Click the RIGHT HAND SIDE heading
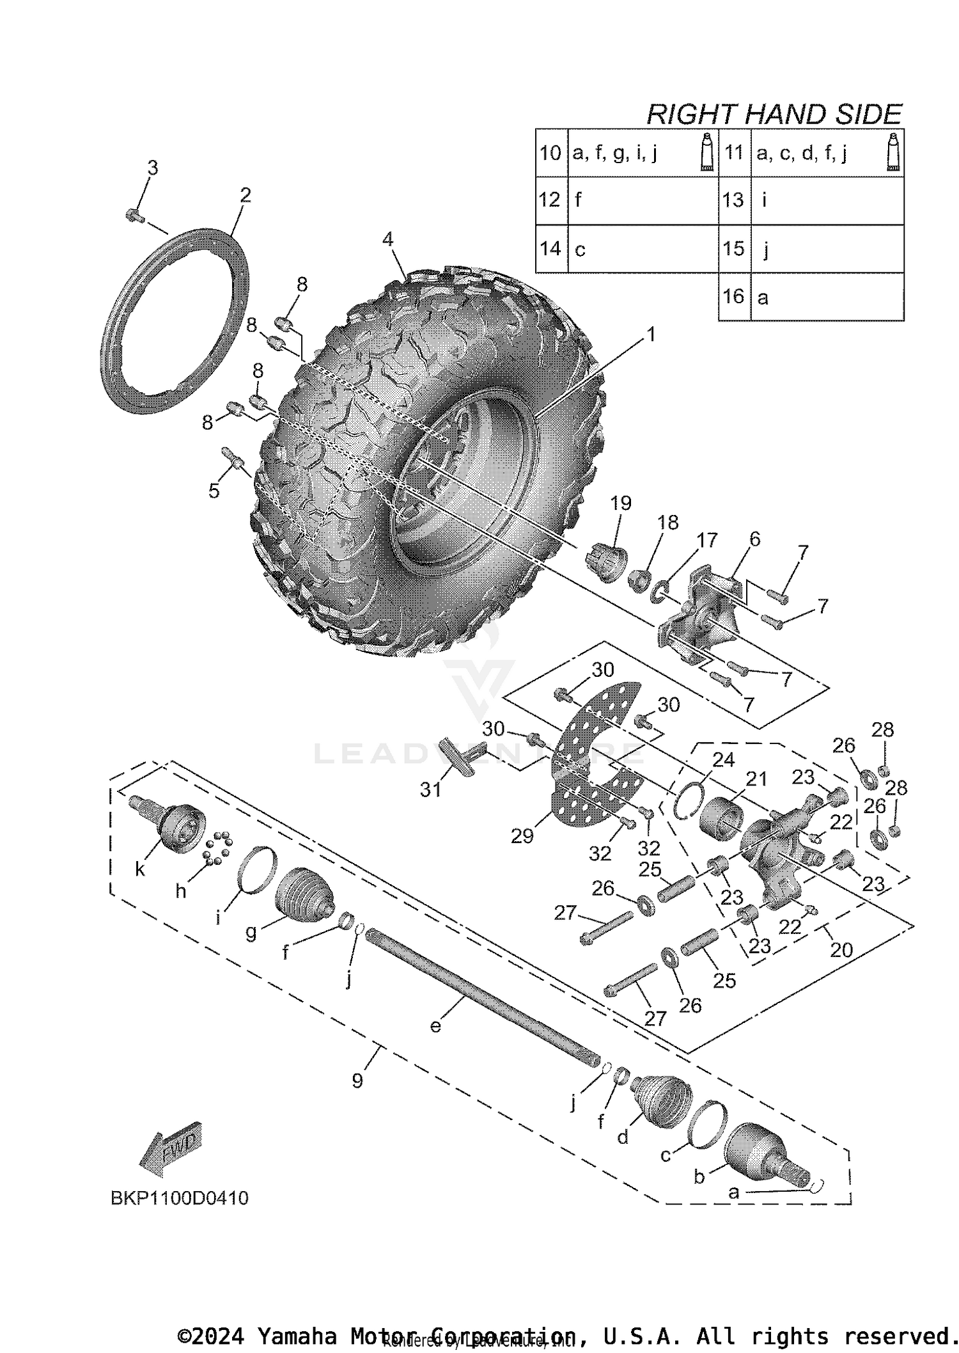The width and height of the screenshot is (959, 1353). click(774, 115)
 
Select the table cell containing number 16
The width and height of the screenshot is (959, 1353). click(734, 297)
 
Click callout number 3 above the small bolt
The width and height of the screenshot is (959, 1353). click(152, 168)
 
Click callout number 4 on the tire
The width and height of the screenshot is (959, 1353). click(387, 239)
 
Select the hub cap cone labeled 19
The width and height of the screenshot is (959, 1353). click(607, 560)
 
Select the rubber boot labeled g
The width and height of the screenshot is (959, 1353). click(303, 890)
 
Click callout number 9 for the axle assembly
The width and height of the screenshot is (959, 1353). click(357, 1080)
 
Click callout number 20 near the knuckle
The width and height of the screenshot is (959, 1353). click(841, 950)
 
